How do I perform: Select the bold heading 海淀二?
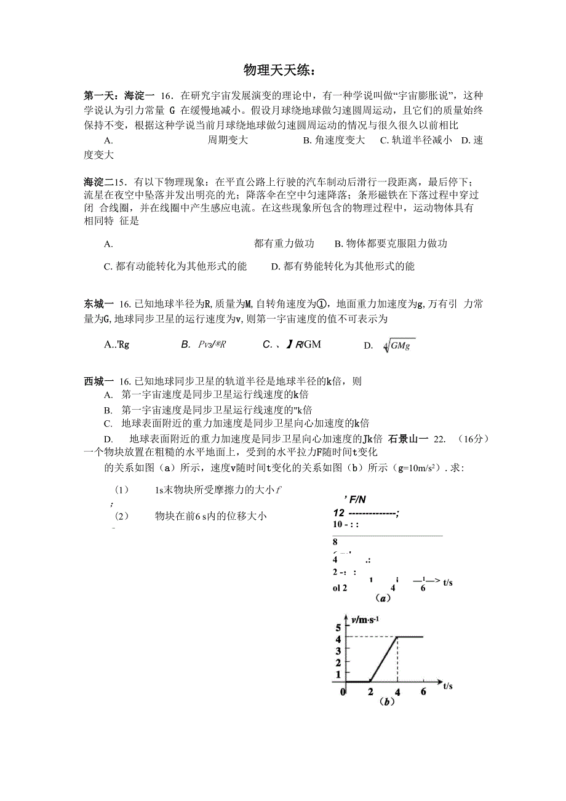click(x=98, y=182)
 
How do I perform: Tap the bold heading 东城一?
click(x=98, y=304)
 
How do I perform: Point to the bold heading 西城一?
click(x=98, y=381)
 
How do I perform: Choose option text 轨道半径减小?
click(x=416, y=140)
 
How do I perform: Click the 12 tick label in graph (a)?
click(x=338, y=513)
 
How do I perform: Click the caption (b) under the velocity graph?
click(x=386, y=701)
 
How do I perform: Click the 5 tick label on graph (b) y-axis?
click(x=338, y=628)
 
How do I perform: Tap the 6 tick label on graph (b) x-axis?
click(x=423, y=691)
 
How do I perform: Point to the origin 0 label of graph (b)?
click(x=343, y=692)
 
